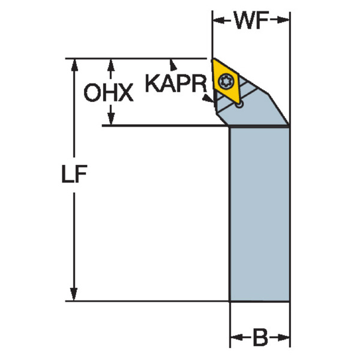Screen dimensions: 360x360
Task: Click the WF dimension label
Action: pyautogui.click(x=251, y=20)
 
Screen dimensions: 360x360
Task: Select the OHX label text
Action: pyautogui.click(x=109, y=92)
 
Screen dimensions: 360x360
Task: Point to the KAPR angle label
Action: pyautogui.click(x=176, y=83)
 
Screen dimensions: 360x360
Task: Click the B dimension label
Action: pyautogui.click(x=260, y=337)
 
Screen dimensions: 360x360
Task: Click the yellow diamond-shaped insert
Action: pyautogui.click(x=226, y=81)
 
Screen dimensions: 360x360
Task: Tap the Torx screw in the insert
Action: pyautogui.click(x=226, y=81)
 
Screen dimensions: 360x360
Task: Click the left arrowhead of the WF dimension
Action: pyautogui.click(x=218, y=20)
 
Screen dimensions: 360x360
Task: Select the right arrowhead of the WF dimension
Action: pyautogui.click(x=283, y=20)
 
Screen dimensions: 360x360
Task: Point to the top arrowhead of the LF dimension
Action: pyautogui.click(x=74, y=65)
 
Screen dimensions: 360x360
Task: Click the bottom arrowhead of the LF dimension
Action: pyautogui.click(x=74, y=294)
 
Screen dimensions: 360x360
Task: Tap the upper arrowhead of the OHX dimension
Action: pyautogui.click(x=111, y=65)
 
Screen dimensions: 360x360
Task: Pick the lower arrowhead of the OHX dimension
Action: pyautogui.click(x=111, y=119)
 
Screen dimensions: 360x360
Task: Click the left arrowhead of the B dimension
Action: pyautogui.click(x=236, y=337)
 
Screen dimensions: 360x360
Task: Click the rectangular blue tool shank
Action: pyautogui.click(x=260, y=214)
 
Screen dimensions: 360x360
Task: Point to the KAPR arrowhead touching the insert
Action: pyautogui.click(x=208, y=98)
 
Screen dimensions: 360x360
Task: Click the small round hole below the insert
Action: pyautogui.click(x=239, y=104)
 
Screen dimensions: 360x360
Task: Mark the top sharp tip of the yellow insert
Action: pyautogui.click(x=213, y=59)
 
